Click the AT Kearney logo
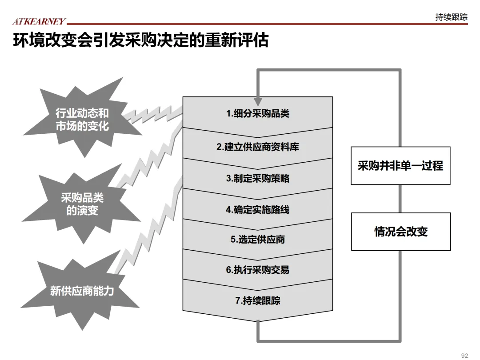(x=39, y=21)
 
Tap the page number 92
(x=465, y=355)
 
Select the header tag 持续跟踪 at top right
(x=451, y=17)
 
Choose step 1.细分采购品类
(x=257, y=114)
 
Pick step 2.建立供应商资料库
(x=257, y=147)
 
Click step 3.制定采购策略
(x=257, y=179)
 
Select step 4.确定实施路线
(x=257, y=209)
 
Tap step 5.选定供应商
(x=257, y=240)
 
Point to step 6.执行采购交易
(x=257, y=270)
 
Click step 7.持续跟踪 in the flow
(x=257, y=301)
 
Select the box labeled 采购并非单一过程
(x=400, y=166)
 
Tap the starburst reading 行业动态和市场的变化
(x=82, y=119)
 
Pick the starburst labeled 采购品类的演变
(x=82, y=204)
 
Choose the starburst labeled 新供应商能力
(x=82, y=291)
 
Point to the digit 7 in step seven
(x=237, y=301)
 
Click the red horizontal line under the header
(x=267, y=24)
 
